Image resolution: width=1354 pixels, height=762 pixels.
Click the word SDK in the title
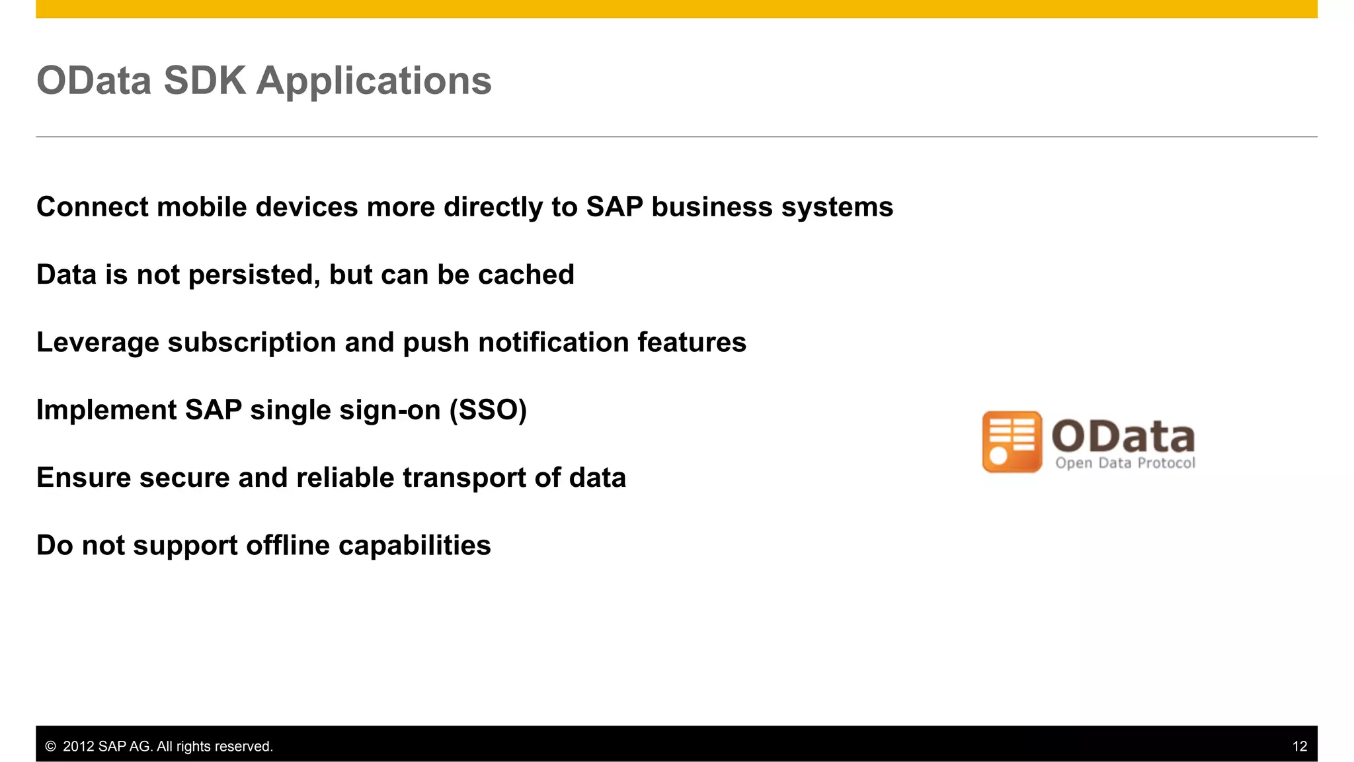[x=204, y=81]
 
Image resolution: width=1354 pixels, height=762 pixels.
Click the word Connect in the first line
[x=92, y=207]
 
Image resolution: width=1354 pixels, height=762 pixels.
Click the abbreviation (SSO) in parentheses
[x=488, y=410]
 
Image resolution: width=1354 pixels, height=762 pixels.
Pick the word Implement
[x=106, y=411]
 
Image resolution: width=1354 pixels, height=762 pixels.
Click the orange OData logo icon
[x=1012, y=441]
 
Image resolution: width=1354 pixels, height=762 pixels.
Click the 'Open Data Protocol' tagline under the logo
[x=1125, y=463]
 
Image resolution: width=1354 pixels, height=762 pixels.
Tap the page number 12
[x=1299, y=746]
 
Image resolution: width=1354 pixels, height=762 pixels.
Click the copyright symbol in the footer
[x=50, y=747]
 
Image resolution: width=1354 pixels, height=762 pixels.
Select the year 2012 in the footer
[x=78, y=747]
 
